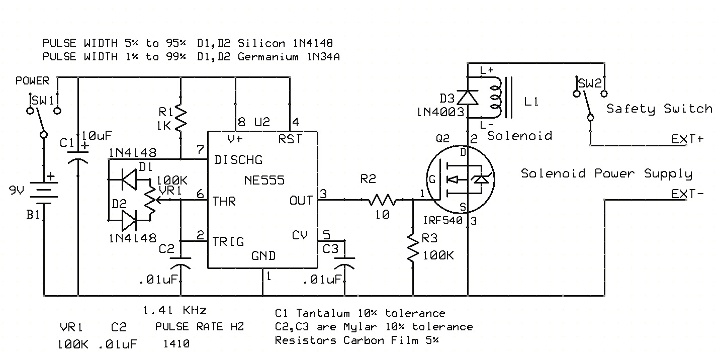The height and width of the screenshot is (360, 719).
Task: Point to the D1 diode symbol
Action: (130, 179)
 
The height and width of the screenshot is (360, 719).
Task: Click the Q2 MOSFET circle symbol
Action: (459, 179)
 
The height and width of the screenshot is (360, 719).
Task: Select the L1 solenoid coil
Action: (498, 96)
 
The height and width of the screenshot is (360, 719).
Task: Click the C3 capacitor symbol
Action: (344, 262)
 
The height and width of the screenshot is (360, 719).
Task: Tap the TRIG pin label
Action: (229, 241)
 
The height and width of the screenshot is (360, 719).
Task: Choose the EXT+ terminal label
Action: (687, 139)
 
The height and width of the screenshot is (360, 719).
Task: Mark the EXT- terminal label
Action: (687, 194)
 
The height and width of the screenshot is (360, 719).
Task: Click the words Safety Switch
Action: (659, 109)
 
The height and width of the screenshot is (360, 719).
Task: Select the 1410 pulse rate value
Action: (176, 344)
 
